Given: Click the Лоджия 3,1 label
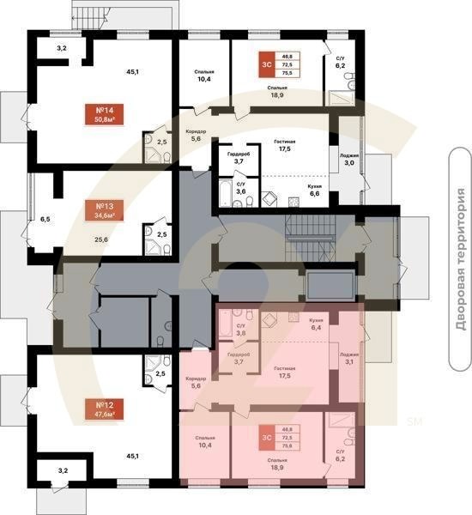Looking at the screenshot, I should click(x=349, y=358).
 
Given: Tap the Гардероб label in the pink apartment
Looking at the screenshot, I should click(x=238, y=359).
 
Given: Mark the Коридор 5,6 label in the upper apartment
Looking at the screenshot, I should click(x=195, y=134).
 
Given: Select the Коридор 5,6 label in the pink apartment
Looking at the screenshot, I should click(x=196, y=383).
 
